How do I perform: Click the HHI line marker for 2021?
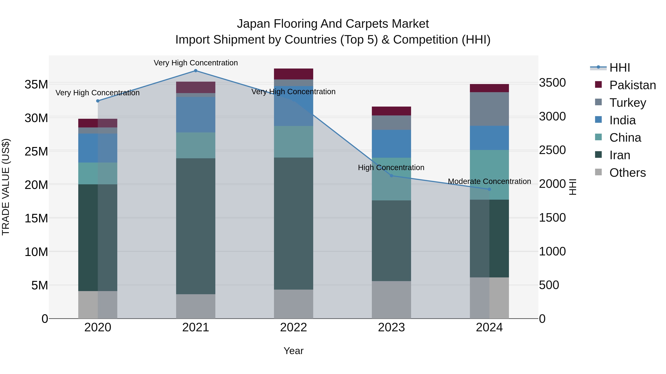(x=196, y=71)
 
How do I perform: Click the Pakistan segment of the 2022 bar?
(x=293, y=74)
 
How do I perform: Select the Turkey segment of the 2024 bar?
(x=489, y=109)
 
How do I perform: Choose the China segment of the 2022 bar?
(x=293, y=142)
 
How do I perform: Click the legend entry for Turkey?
(x=628, y=103)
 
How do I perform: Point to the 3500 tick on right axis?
(x=552, y=83)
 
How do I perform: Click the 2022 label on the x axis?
(x=293, y=327)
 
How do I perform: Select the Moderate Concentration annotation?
(x=489, y=181)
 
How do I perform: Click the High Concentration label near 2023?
(x=391, y=168)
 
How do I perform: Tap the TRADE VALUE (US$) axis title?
(x=6, y=187)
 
